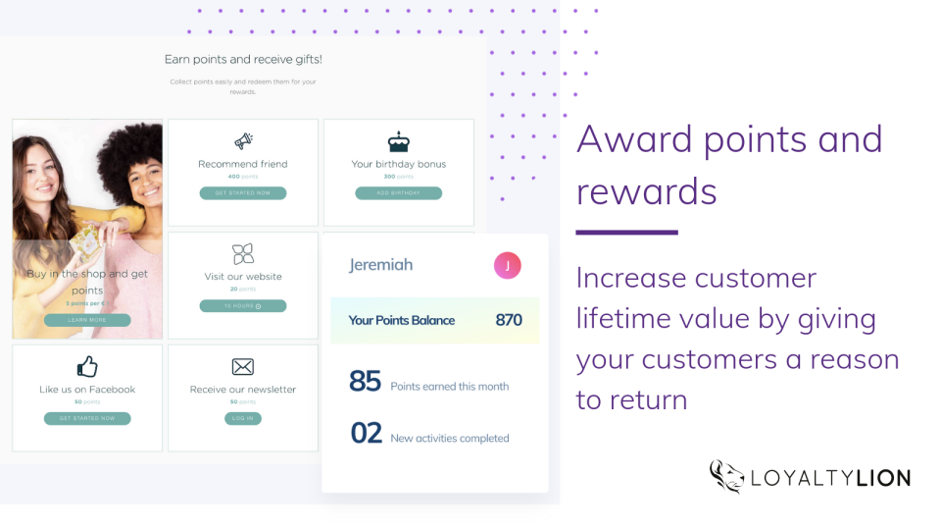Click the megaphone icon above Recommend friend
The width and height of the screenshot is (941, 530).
click(x=243, y=141)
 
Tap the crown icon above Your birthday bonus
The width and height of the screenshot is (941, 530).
click(x=398, y=141)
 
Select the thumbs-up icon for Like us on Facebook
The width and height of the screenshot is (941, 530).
click(x=87, y=367)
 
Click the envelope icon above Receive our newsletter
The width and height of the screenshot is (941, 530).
click(x=242, y=367)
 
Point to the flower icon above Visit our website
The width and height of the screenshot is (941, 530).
click(x=243, y=254)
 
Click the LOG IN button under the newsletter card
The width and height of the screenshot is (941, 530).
click(x=243, y=418)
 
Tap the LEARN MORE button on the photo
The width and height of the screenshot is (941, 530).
click(x=87, y=320)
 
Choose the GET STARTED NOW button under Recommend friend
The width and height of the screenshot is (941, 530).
click(x=243, y=193)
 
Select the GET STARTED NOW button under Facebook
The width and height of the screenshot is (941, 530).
click(x=87, y=418)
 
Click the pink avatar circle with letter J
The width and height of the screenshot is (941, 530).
click(x=507, y=265)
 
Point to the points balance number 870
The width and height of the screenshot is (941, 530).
click(x=509, y=320)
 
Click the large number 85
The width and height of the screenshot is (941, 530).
click(x=365, y=382)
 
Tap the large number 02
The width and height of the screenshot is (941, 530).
click(x=366, y=433)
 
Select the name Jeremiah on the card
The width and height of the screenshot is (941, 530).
click(x=380, y=265)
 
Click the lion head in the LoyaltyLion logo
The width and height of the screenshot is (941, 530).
click(x=727, y=476)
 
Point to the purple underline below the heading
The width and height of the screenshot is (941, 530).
click(x=626, y=233)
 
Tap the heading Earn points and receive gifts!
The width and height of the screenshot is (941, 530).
click(x=243, y=60)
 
